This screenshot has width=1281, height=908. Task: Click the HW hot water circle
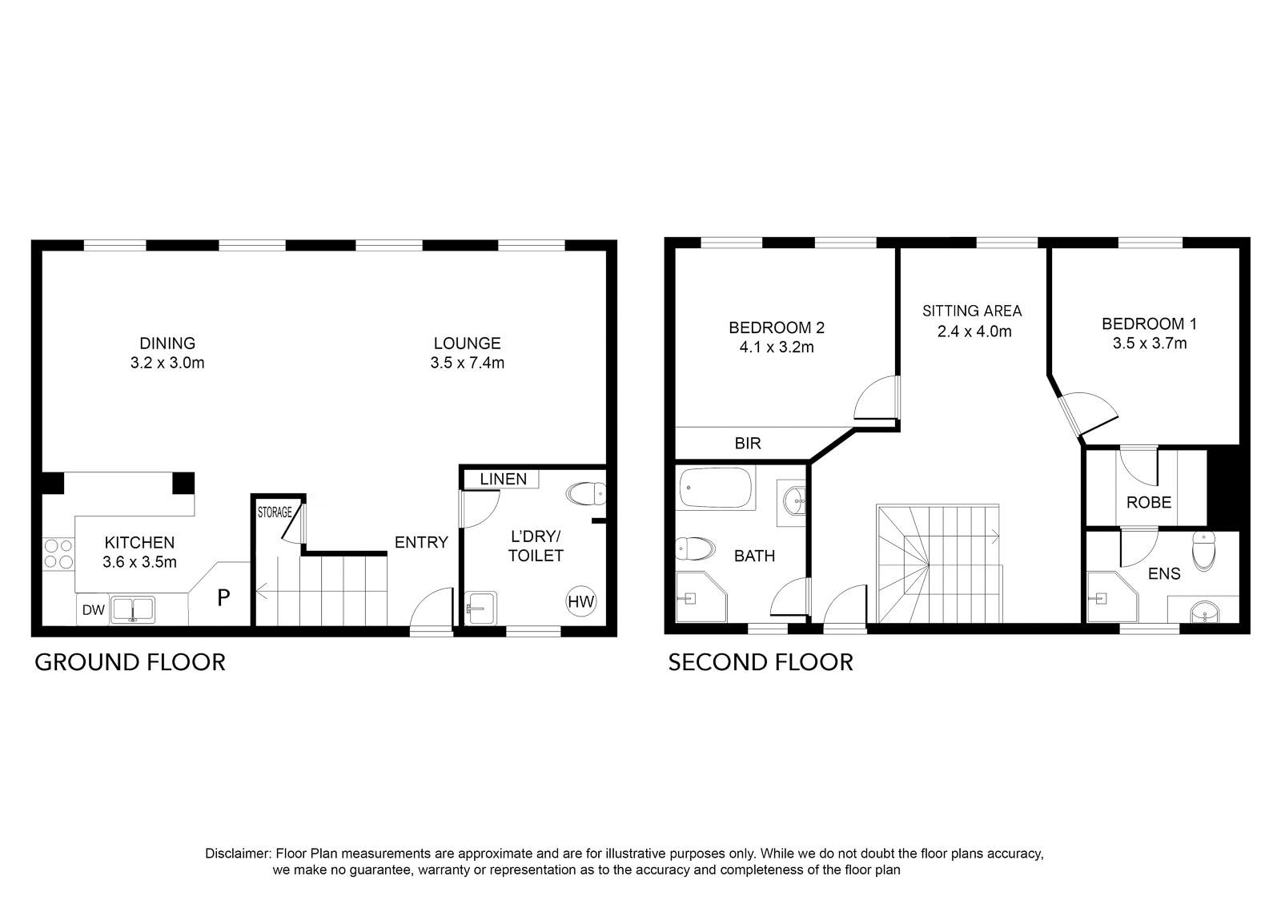(x=581, y=601)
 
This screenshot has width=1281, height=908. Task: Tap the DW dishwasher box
(x=93, y=609)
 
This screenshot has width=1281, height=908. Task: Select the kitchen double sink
(x=133, y=609)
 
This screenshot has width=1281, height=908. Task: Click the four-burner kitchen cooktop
(x=58, y=554)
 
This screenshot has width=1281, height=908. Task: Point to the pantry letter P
(x=223, y=597)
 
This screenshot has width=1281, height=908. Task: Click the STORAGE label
(x=275, y=512)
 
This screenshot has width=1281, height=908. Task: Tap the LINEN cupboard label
(x=504, y=479)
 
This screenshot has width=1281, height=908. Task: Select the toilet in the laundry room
(x=585, y=494)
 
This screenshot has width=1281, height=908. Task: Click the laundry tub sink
(x=481, y=608)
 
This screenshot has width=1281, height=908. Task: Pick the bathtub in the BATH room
(x=716, y=488)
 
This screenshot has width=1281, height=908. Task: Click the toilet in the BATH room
(x=695, y=549)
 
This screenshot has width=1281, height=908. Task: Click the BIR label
(x=748, y=444)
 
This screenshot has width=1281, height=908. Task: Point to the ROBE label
(x=1149, y=503)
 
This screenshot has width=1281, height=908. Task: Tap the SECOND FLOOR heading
(x=761, y=663)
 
